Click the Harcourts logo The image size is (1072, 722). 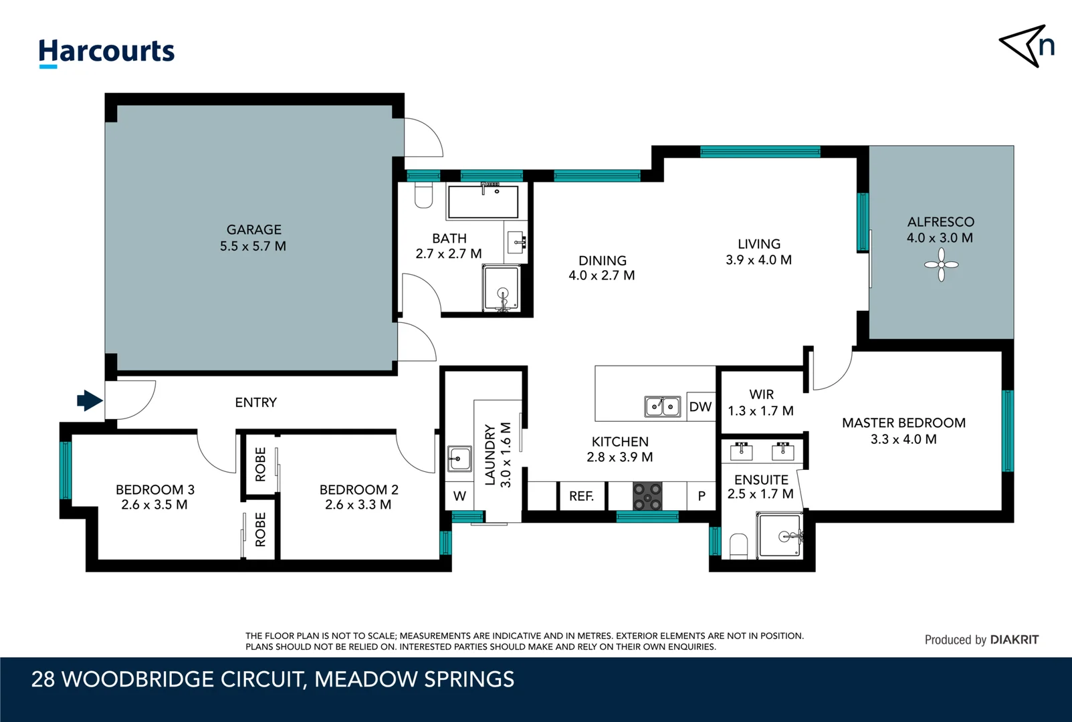pyautogui.click(x=106, y=52)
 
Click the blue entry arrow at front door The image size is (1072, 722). pyautogui.click(x=89, y=400)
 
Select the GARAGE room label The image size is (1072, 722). pyautogui.click(x=253, y=229)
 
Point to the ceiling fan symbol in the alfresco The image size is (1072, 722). pyautogui.click(x=941, y=265)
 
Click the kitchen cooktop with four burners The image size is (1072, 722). pyautogui.click(x=647, y=496)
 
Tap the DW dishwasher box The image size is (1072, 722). pyautogui.click(x=700, y=406)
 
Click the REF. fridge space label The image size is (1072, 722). pyautogui.click(x=581, y=496)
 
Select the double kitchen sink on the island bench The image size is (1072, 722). pyautogui.click(x=662, y=406)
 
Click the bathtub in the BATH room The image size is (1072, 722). pyautogui.click(x=483, y=202)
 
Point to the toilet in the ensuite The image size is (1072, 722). pyautogui.click(x=738, y=545)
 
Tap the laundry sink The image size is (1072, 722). pyautogui.click(x=459, y=459)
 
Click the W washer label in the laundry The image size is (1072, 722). pyautogui.click(x=459, y=496)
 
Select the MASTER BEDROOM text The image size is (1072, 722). pyautogui.click(x=903, y=423)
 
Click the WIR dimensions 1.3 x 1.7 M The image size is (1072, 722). pyautogui.click(x=760, y=410)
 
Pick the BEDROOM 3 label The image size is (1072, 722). pyautogui.click(x=154, y=489)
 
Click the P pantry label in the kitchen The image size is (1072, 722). pyautogui.click(x=702, y=496)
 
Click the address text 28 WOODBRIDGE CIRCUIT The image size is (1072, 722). pyautogui.click(x=169, y=679)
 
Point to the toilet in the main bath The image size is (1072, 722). pyautogui.click(x=423, y=195)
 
